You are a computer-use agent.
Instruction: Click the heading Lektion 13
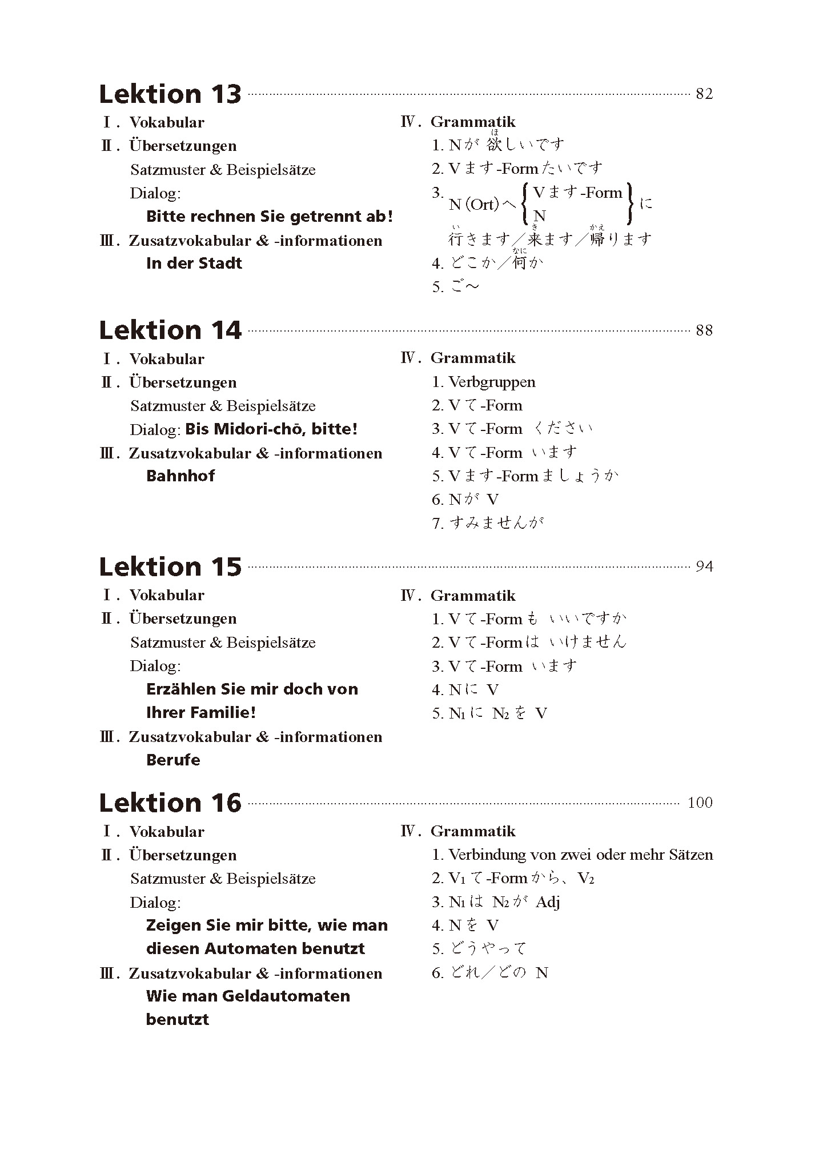(170, 94)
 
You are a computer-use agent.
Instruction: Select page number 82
(704, 94)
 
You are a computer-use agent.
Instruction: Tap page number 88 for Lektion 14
(704, 330)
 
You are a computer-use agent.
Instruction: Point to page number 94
(704, 566)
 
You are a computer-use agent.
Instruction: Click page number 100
(700, 803)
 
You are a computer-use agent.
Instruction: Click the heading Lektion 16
(170, 803)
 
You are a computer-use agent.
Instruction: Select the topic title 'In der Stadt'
(194, 264)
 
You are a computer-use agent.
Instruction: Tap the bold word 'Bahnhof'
(180, 476)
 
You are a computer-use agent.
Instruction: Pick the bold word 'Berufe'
(173, 760)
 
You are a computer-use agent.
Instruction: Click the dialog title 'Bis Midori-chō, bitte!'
(271, 429)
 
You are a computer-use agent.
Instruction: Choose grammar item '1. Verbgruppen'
(483, 382)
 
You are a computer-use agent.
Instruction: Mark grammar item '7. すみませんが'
(488, 523)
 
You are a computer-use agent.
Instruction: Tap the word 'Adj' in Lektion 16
(548, 902)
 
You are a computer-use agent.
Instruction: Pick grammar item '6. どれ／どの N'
(490, 972)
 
